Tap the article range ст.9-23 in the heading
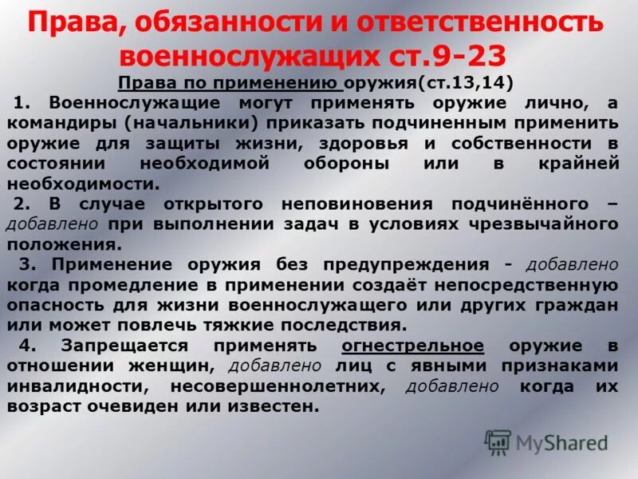pos(458,57)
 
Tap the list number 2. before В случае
pos(24,204)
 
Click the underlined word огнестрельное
pos(412,345)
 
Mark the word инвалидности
pos(76,386)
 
